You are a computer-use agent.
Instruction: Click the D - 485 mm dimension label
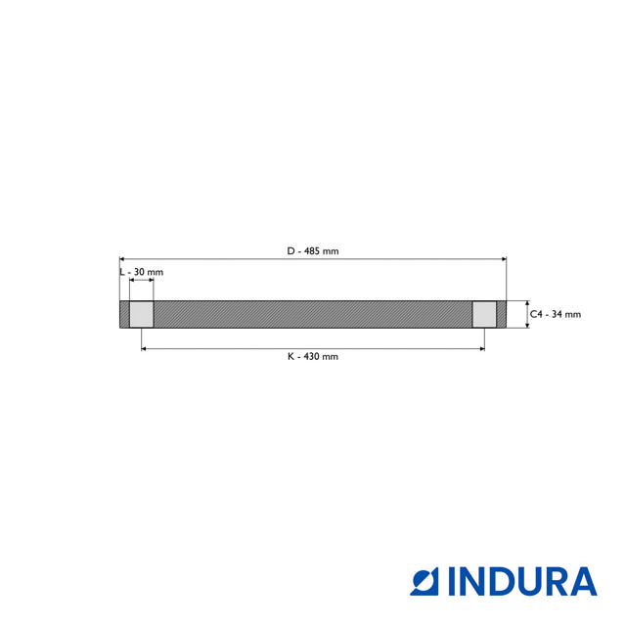click(x=313, y=251)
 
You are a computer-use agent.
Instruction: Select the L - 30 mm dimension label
click(x=141, y=271)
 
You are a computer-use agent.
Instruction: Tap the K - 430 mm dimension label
click(x=313, y=357)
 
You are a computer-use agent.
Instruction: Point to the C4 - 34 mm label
click(x=556, y=314)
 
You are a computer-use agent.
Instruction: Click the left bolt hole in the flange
click(x=141, y=314)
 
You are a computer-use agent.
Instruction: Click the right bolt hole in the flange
click(x=484, y=314)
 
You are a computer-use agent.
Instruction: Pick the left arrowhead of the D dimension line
click(x=122, y=259)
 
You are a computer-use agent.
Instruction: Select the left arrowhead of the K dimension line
click(x=145, y=347)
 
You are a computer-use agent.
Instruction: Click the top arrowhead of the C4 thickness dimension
click(x=527, y=303)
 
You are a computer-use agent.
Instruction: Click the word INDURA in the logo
click(x=522, y=581)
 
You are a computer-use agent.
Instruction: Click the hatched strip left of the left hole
click(x=124, y=314)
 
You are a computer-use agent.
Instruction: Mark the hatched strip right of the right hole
click(x=502, y=314)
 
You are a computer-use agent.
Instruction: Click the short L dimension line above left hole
click(x=141, y=281)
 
